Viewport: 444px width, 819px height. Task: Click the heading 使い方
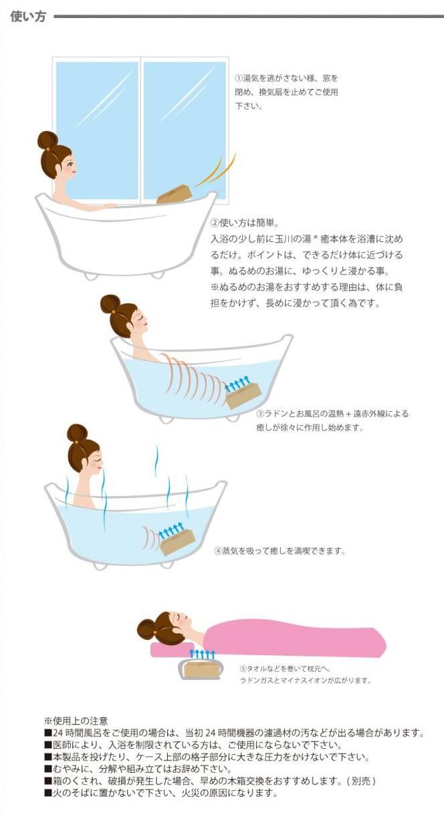28,17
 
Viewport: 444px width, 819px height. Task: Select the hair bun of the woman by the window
47,141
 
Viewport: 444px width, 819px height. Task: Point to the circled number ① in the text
239,78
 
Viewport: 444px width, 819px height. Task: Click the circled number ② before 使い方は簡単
215,222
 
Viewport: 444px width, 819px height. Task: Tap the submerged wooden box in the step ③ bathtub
244,395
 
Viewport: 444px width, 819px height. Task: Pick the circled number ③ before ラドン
260,414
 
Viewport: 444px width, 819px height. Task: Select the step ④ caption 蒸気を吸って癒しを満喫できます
284,551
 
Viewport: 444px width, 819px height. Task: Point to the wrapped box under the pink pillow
200,669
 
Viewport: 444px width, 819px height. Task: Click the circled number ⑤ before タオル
243,669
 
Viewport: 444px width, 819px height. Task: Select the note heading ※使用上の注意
76,721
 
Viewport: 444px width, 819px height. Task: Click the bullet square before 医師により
48,745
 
